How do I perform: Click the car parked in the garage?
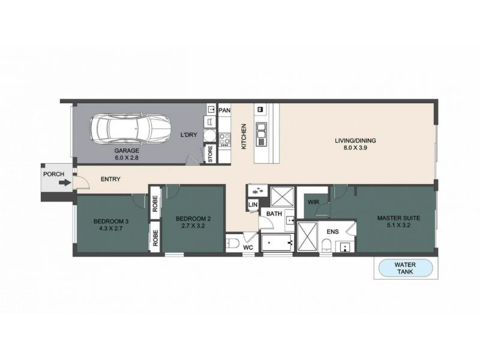pyautogui.click(x=130, y=129)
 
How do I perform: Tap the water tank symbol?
pyautogui.click(x=406, y=268)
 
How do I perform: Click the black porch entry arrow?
pyautogui.click(x=64, y=183)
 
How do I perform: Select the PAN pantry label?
pyautogui.click(x=224, y=110)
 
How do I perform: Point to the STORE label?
pyautogui.click(x=211, y=154)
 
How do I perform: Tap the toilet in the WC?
pyautogui.click(x=233, y=244)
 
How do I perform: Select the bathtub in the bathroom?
pyautogui.click(x=278, y=242)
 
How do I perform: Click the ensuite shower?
pyautogui.click(x=307, y=237)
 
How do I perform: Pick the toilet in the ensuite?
pyautogui.click(x=326, y=246)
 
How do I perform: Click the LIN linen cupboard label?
pyautogui.click(x=253, y=205)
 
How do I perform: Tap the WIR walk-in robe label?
pyautogui.click(x=313, y=202)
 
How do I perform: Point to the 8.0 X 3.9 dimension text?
pyautogui.click(x=355, y=148)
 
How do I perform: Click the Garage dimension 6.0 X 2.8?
pyautogui.click(x=127, y=158)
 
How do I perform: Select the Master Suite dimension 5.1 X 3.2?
pyautogui.click(x=398, y=226)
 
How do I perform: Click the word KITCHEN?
pyautogui.click(x=244, y=136)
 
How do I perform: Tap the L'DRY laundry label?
pyautogui.click(x=188, y=134)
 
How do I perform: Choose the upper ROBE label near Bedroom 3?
pyautogui.click(x=155, y=203)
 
